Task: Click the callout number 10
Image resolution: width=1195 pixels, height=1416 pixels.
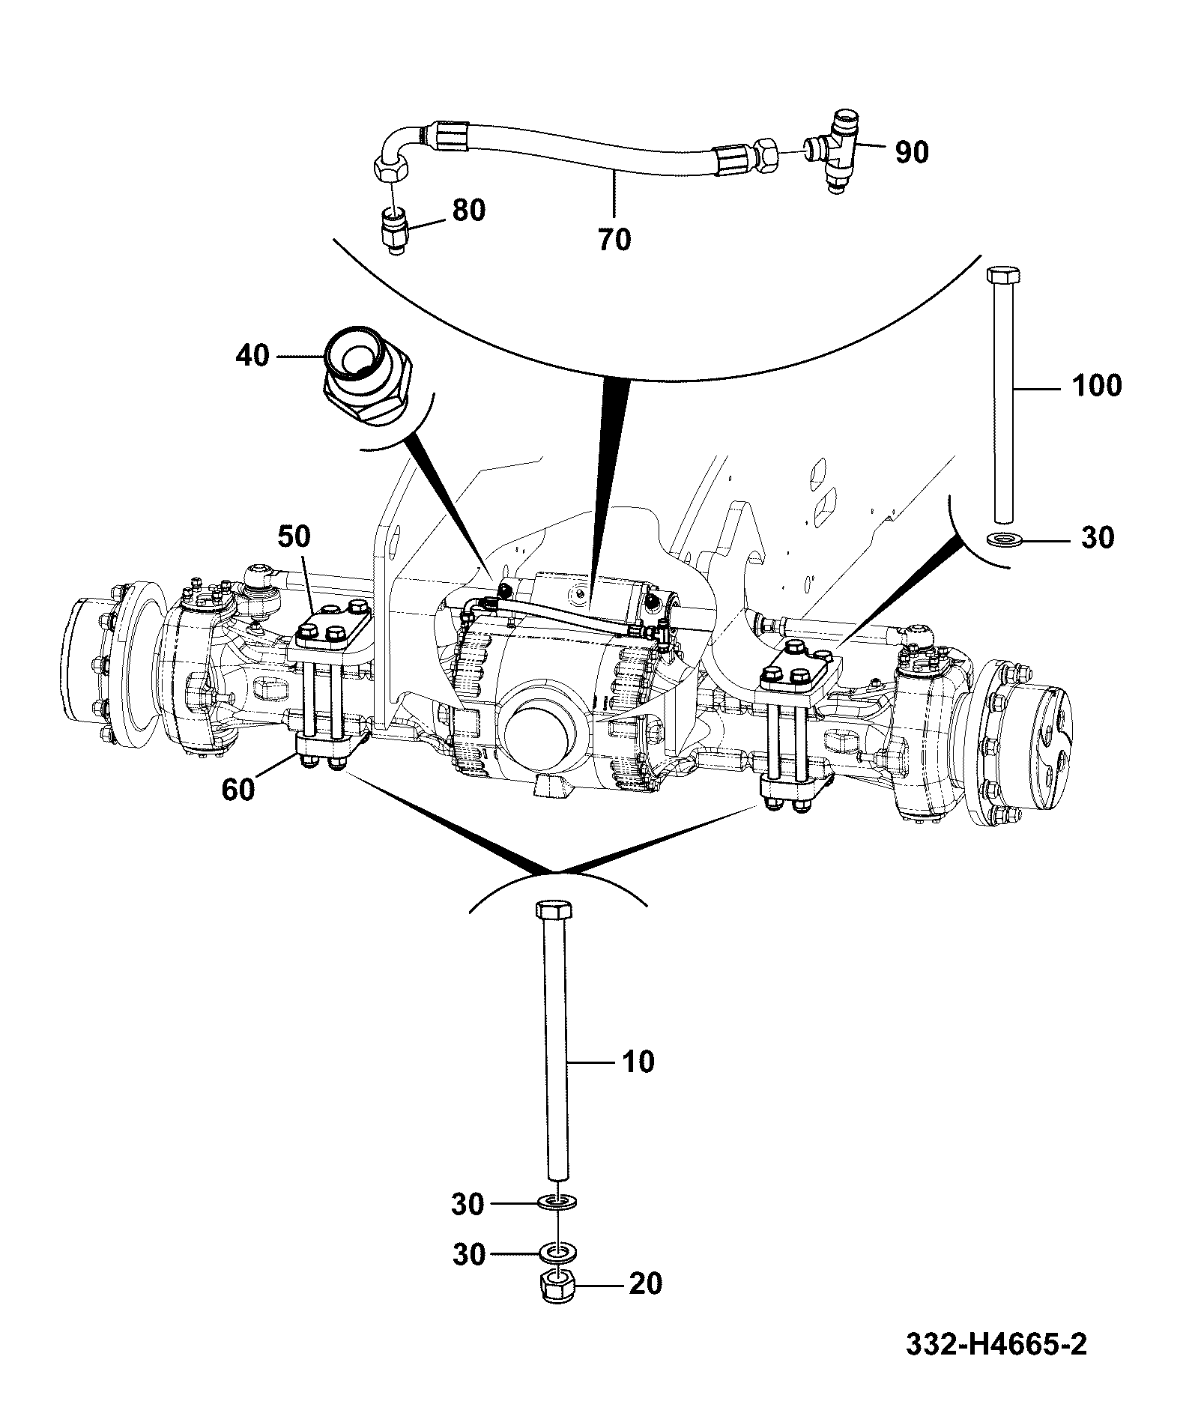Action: coord(638,1062)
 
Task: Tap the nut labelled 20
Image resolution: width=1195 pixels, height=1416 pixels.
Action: coord(557,1307)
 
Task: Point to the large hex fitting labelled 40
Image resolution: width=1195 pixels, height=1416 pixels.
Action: coord(367,375)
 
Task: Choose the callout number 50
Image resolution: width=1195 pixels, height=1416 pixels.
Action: coord(295,536)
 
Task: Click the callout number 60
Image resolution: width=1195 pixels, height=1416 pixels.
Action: coord(238,790)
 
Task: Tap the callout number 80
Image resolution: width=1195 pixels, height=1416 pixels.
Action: coord(468,210)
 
